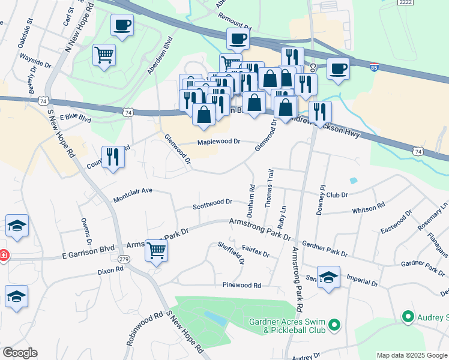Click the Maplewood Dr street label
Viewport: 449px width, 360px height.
(219, 142)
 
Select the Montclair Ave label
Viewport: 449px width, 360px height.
(133, 194)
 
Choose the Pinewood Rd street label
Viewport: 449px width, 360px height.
(241, 285)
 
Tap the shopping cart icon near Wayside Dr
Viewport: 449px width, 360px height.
(104, 55)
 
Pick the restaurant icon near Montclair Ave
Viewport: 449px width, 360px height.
(112, 156)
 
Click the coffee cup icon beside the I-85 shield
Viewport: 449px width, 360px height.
(338, 67)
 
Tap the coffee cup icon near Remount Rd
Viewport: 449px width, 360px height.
(237, 38)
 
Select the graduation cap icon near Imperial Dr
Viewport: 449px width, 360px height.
(328, 277)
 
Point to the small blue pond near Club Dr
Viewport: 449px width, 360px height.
(353, 180)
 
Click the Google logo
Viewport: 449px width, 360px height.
(20, 353)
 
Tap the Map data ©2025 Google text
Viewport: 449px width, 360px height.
(411, 355)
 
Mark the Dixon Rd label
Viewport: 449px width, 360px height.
(110, 271)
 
